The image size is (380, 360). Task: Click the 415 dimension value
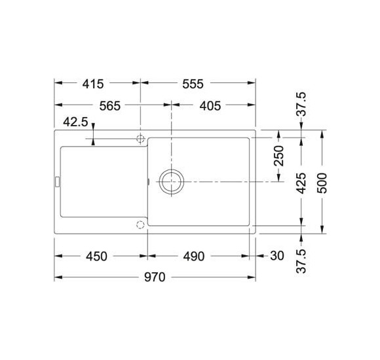[x=94, y=84]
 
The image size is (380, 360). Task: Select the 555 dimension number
[x=194, y=84]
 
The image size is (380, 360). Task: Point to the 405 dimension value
[x=208, y=105]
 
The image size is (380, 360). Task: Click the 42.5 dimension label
[x=76, y=123]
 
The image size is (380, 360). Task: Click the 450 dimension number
[x=96, y=256]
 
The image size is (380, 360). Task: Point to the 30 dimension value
[x=277, y=256]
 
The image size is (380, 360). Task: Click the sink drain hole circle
[x=172, y=181]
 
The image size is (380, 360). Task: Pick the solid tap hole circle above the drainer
[x=140, y=138]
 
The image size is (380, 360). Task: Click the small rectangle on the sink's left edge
[x=56, y=181]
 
